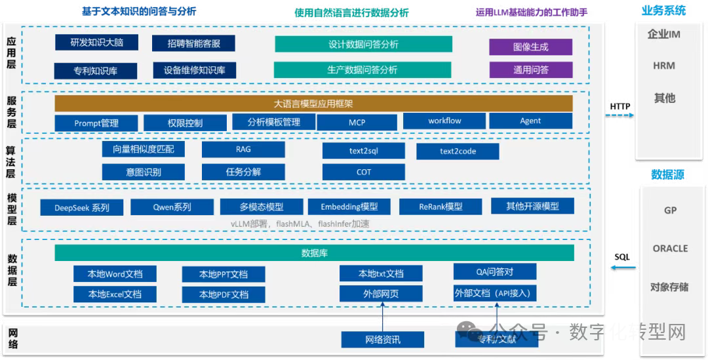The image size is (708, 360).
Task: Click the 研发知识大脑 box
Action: coord(96,43)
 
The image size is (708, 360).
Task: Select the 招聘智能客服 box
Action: coord(193,44)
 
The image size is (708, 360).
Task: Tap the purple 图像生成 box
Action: coord(530,47)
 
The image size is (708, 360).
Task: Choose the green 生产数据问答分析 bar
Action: coord(363,70)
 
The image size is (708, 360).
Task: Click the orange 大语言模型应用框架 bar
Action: coord(313,104)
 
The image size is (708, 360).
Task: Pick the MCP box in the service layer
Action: coord(357,123)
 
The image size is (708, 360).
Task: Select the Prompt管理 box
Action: coord(96,123)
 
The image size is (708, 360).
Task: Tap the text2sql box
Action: coord(363,151)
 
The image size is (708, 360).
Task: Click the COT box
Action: coord(363,172)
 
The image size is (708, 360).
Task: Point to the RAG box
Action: coord(243,150)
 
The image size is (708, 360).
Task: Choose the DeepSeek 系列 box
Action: coord(83,207)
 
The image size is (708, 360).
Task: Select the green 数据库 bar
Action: coord(314,252)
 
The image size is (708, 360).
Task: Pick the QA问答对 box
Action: coord(494,271)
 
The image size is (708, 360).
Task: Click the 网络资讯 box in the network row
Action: coord(382,339)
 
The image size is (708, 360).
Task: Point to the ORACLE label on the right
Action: coord(670,249)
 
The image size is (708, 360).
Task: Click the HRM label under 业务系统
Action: coord(663,66)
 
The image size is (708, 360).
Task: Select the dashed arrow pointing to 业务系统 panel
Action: coord(619,115)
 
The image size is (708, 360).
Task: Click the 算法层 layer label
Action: coord(10,161)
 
